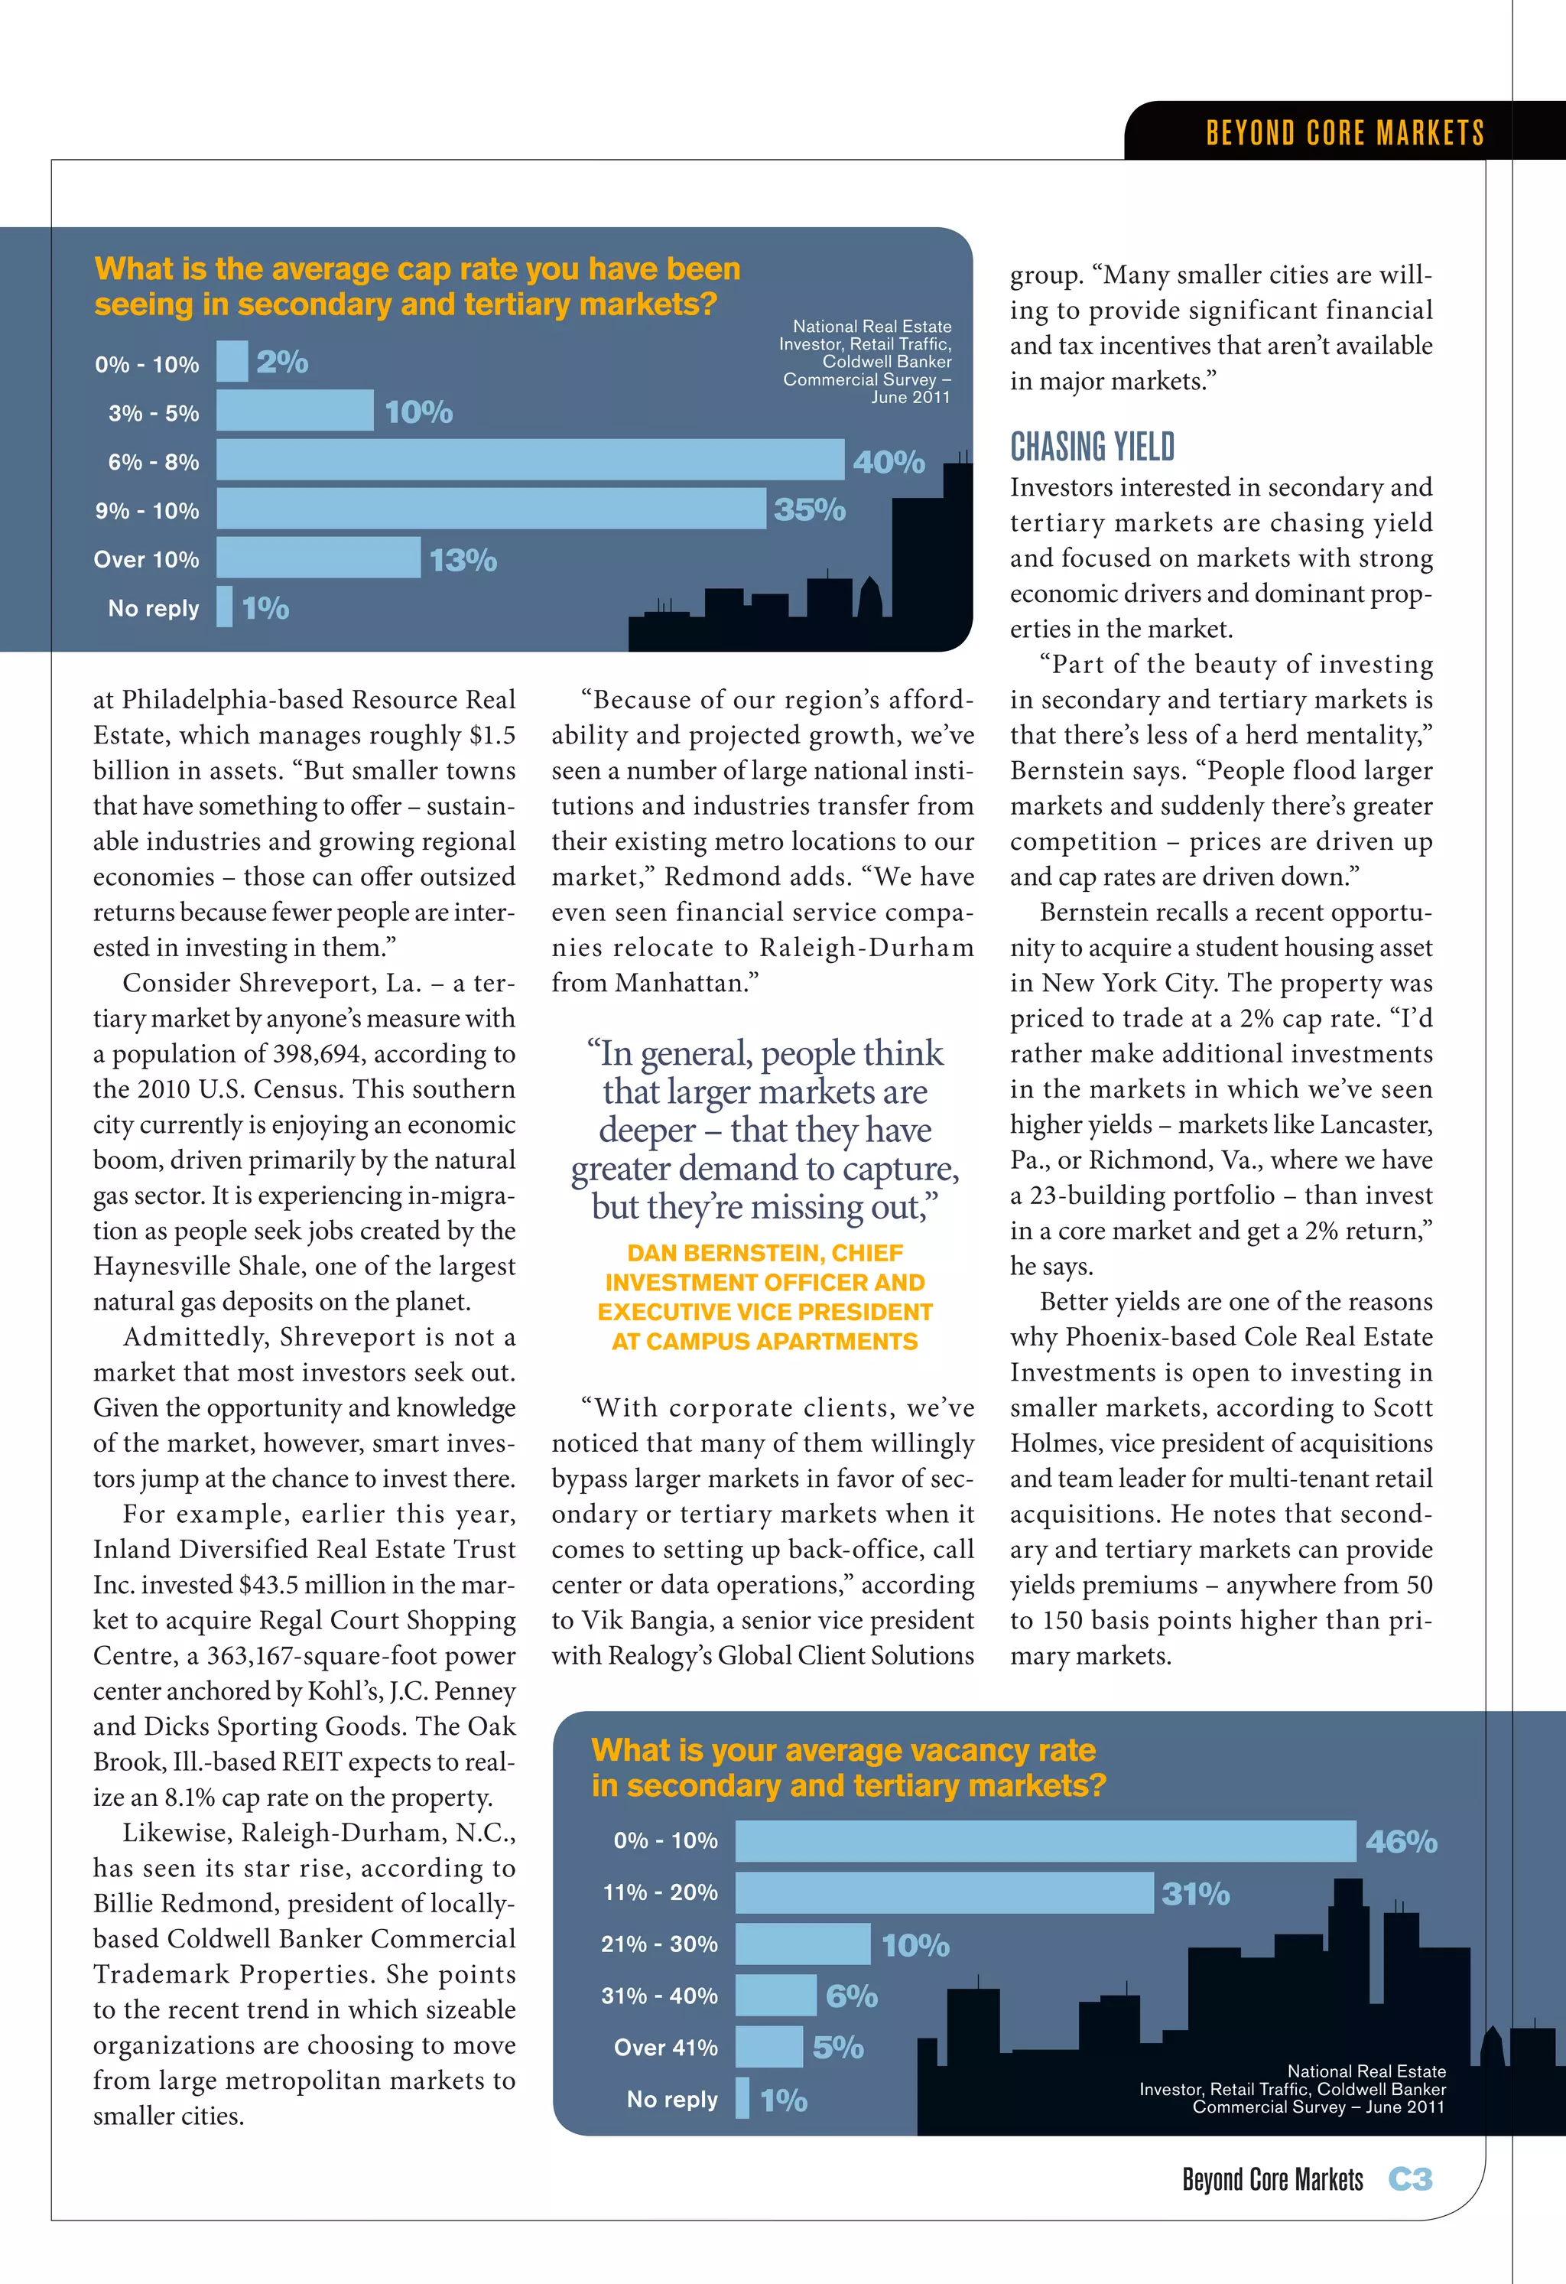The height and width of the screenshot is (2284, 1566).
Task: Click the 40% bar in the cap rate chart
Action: (x=530, y=460)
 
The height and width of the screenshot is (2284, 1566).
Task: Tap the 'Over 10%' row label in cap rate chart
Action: (x=145, y=559)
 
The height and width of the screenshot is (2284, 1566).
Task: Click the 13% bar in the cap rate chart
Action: (x=318, y=558)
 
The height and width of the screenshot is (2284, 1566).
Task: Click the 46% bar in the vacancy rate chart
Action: (x=1045, y=1841)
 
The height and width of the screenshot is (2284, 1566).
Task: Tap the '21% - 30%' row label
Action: (x=658, y=1944)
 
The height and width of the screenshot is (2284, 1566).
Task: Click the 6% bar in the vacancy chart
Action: (x=775, y=1995)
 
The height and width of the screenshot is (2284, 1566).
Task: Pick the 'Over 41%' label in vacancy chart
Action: (x=665, y=2047)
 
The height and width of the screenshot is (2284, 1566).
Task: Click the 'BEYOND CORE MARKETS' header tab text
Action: (x=1344, y=132)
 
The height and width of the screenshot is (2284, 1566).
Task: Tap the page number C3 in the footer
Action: (x=1410, y=2179)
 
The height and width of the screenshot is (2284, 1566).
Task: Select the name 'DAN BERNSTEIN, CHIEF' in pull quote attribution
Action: (x=765, y=1253)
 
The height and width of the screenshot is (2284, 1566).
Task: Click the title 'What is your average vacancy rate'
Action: (x=843, y=1750)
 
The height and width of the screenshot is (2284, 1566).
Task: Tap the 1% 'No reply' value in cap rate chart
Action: (x=265, y=608)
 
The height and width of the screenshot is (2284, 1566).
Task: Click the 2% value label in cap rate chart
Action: (x=282, y=362)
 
